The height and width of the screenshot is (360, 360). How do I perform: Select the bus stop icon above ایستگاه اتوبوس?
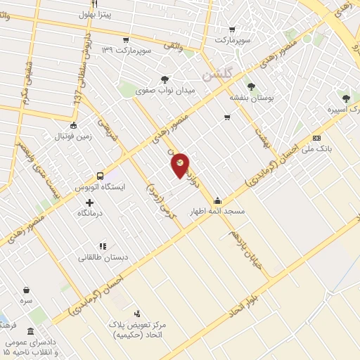[x=100, y=176]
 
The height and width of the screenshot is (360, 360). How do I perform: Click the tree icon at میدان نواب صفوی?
[x=165, y=79]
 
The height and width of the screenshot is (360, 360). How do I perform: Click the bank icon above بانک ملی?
[x=316, y=139]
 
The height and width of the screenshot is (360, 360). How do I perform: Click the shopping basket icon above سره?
[x=27, y=290]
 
